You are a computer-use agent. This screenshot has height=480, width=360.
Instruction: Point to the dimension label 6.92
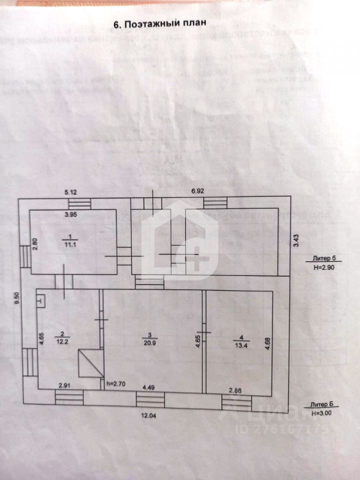[x=199, y=190]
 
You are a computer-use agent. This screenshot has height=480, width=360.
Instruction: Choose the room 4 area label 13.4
[x=238, y=343]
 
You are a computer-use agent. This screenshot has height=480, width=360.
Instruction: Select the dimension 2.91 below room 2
[x=63, y=385]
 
